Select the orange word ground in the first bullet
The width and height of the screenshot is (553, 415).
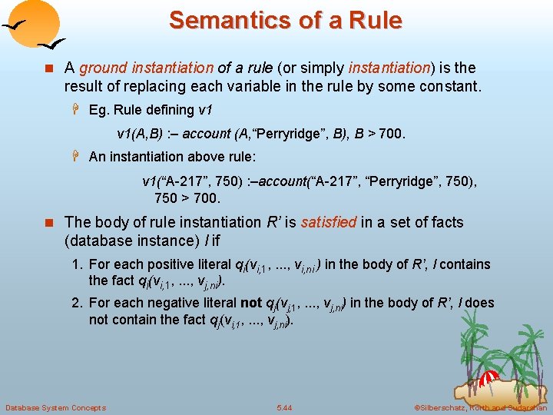(99, 68)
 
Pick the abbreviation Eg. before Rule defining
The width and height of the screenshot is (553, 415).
(99, 111)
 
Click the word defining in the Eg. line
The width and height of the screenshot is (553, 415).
(167, 111)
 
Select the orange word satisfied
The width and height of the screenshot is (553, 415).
(329, 222)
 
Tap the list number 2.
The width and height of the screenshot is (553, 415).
(76, 303)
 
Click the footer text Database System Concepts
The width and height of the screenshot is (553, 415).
(55, 407)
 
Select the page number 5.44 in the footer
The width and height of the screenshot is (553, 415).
(284, 407)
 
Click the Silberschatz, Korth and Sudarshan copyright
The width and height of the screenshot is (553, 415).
(481, 407)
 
